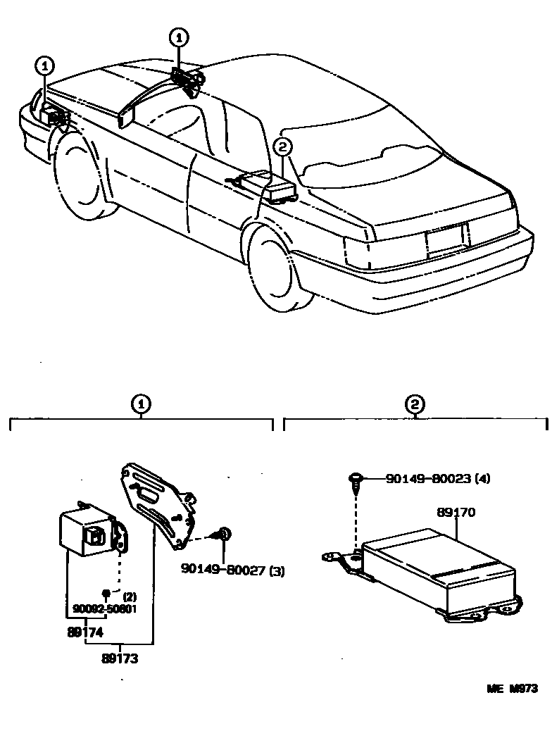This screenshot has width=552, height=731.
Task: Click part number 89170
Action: point(456,513)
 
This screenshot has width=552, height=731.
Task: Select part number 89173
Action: point(119,659)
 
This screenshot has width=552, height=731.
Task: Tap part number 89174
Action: point(85,632)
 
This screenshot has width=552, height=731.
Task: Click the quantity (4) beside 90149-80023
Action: point(482,479)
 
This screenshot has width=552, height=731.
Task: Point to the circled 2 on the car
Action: point(282,147)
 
